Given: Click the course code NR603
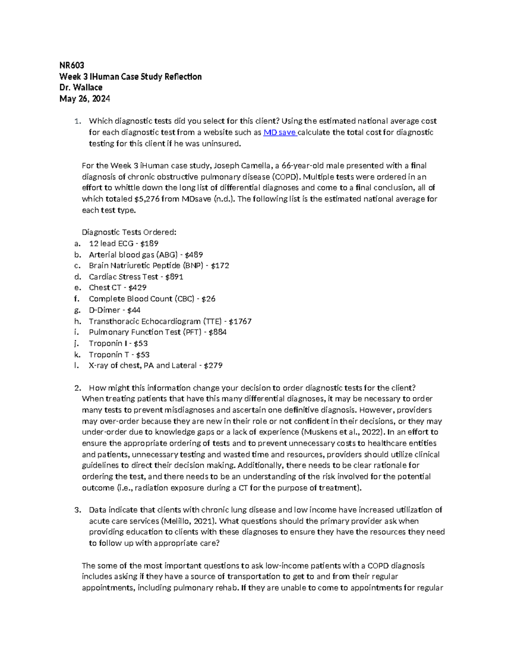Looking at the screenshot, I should [x=72, y=65].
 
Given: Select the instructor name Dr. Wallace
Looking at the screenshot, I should [x=81, y=88].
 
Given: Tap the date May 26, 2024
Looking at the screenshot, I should [x=85, y=99].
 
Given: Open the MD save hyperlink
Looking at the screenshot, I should [x=280, y=132].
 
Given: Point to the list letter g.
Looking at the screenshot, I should [x=77, y=310].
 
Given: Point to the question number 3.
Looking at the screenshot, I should [x=77, y=510].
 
